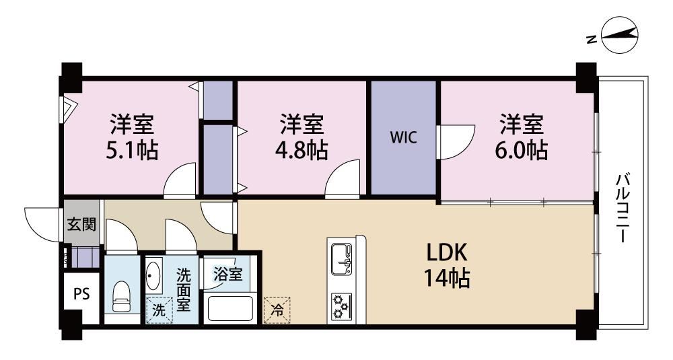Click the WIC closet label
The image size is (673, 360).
[x=403, y=138]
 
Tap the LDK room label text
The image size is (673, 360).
[x=446, y=253]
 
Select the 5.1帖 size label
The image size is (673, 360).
[x=132, y=150]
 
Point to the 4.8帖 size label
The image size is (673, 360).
[x=302, y=150]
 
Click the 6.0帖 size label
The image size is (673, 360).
[x=521, y=150]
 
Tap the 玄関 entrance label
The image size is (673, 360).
[x=81, y=224]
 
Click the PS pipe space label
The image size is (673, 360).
[x=81, y=294]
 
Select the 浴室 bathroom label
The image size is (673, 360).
[x=228, y=274]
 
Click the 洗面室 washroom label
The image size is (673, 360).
[x=184, y=289]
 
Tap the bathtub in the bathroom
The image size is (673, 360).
[x=230, y=308]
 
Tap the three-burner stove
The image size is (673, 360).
[x=342, y=308]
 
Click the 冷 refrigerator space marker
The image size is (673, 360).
[x=277, y=310]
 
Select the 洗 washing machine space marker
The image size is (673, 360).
[x=159, y=310]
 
